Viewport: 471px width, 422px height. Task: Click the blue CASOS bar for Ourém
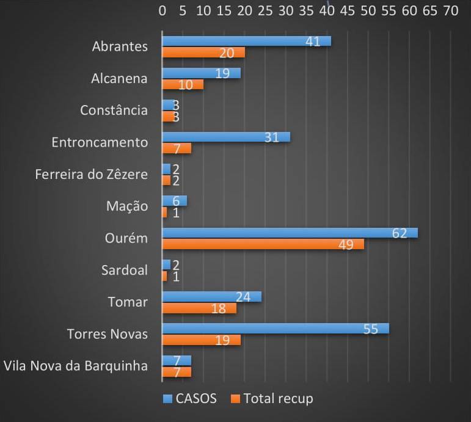click(x=287, y=233)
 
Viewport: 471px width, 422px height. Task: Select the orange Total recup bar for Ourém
click(x=263, y=244)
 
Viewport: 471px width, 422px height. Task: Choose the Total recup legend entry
click(x=272, y=399)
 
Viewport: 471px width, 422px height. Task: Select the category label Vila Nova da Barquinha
click(x=76, y=366)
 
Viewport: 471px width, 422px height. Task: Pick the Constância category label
click(x=114, y=111)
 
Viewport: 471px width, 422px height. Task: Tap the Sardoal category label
click(x=125, y=270)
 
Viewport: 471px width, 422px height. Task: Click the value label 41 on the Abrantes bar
click(x=313, y=41)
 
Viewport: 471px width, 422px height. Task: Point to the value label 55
click(x=371, y=329)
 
